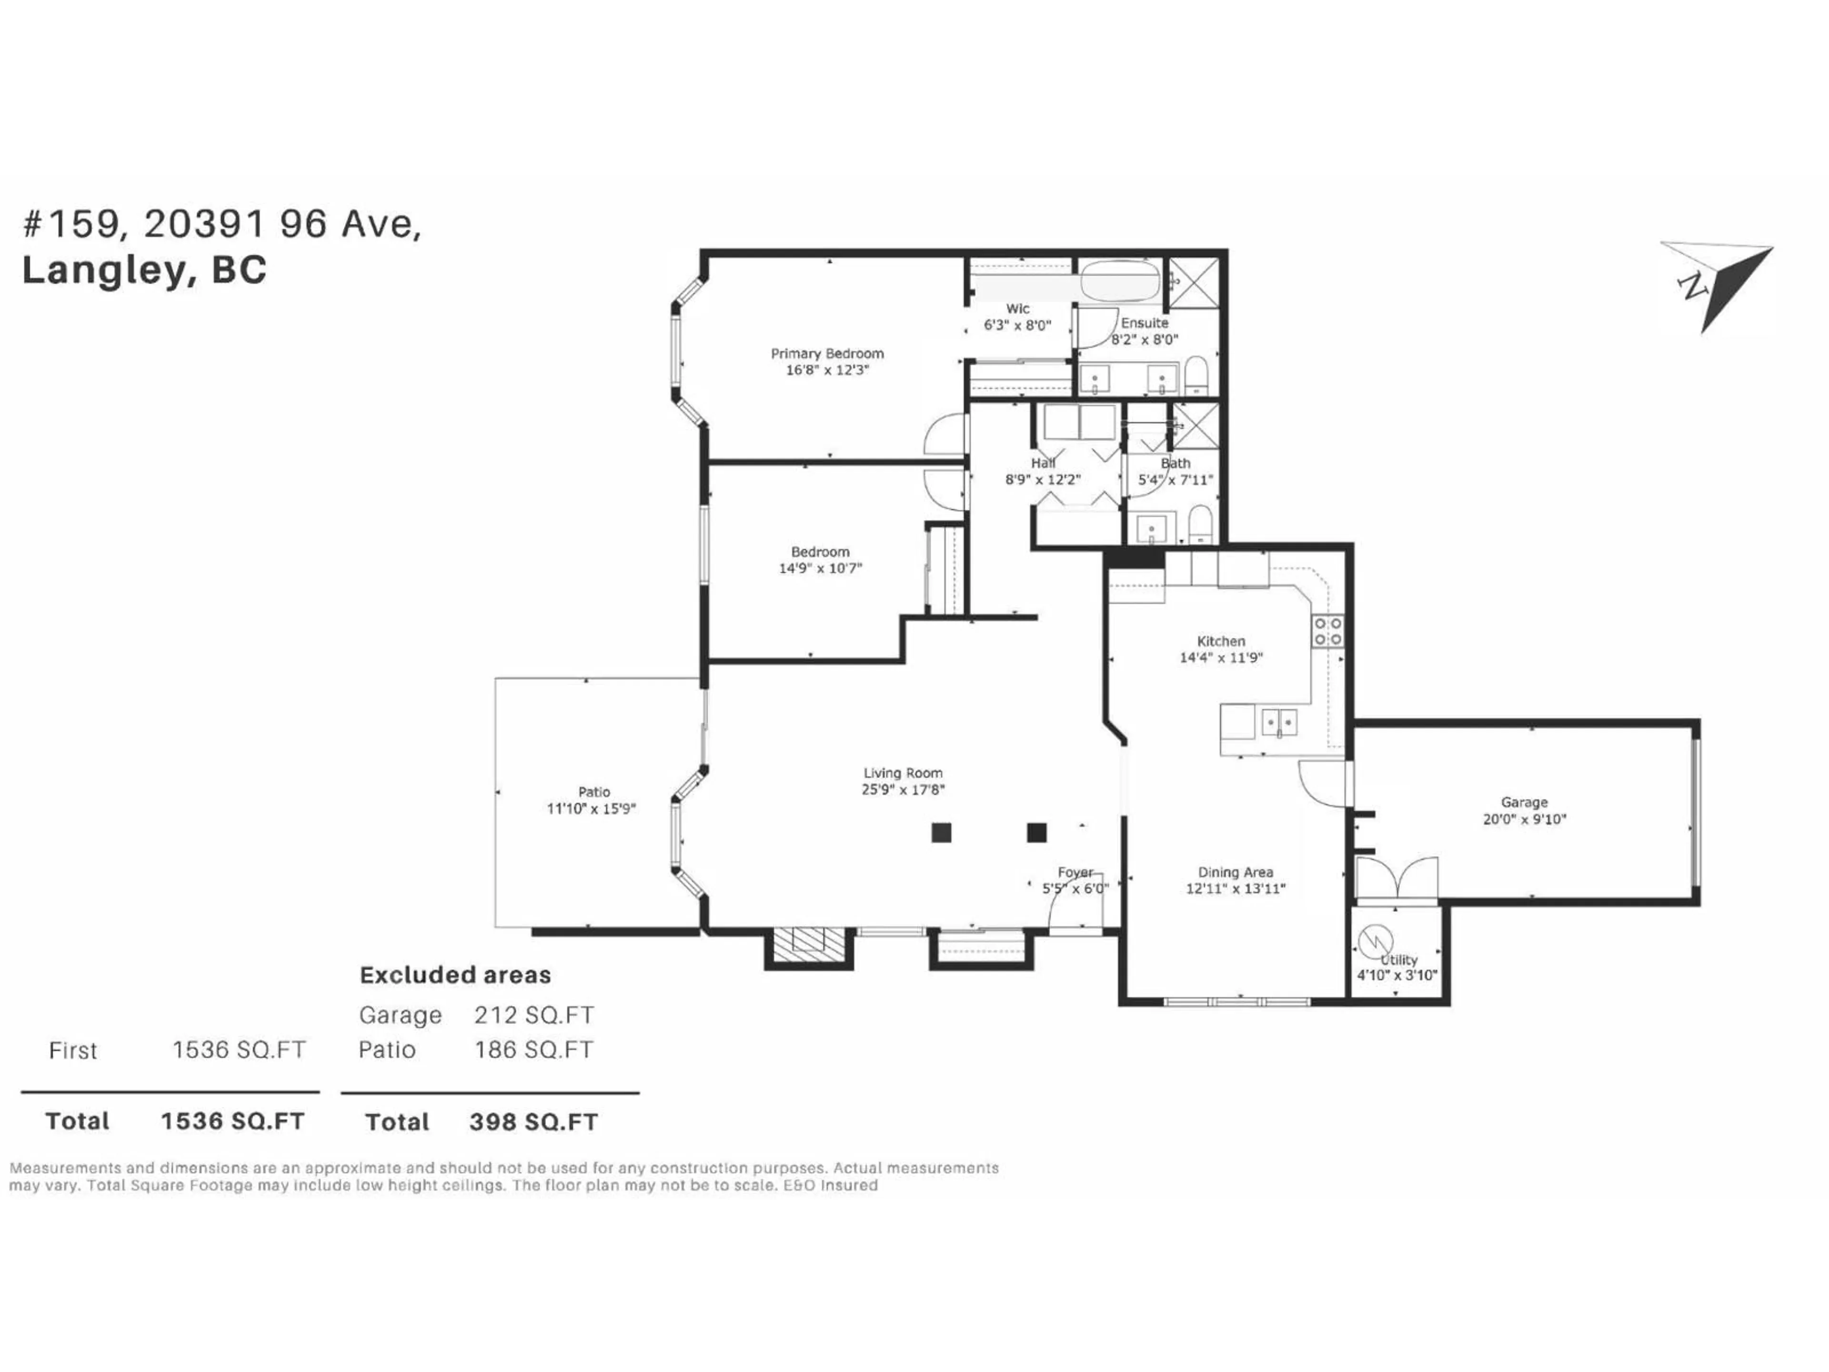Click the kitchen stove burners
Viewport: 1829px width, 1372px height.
point(1328,632)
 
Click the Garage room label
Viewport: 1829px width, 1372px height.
point(1524,802)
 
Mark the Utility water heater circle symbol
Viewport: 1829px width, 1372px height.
point(1375,941)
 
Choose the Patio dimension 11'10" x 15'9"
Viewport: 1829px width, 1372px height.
point(591,809)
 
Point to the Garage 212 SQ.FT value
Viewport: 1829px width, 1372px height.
point(534,1016)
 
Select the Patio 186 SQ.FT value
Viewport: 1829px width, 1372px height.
point(534,1050)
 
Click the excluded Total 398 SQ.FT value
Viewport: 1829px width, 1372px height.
point(534,1122)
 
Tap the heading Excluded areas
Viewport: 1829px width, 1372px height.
point(455,976)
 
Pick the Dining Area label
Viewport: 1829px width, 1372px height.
point(1236,872)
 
